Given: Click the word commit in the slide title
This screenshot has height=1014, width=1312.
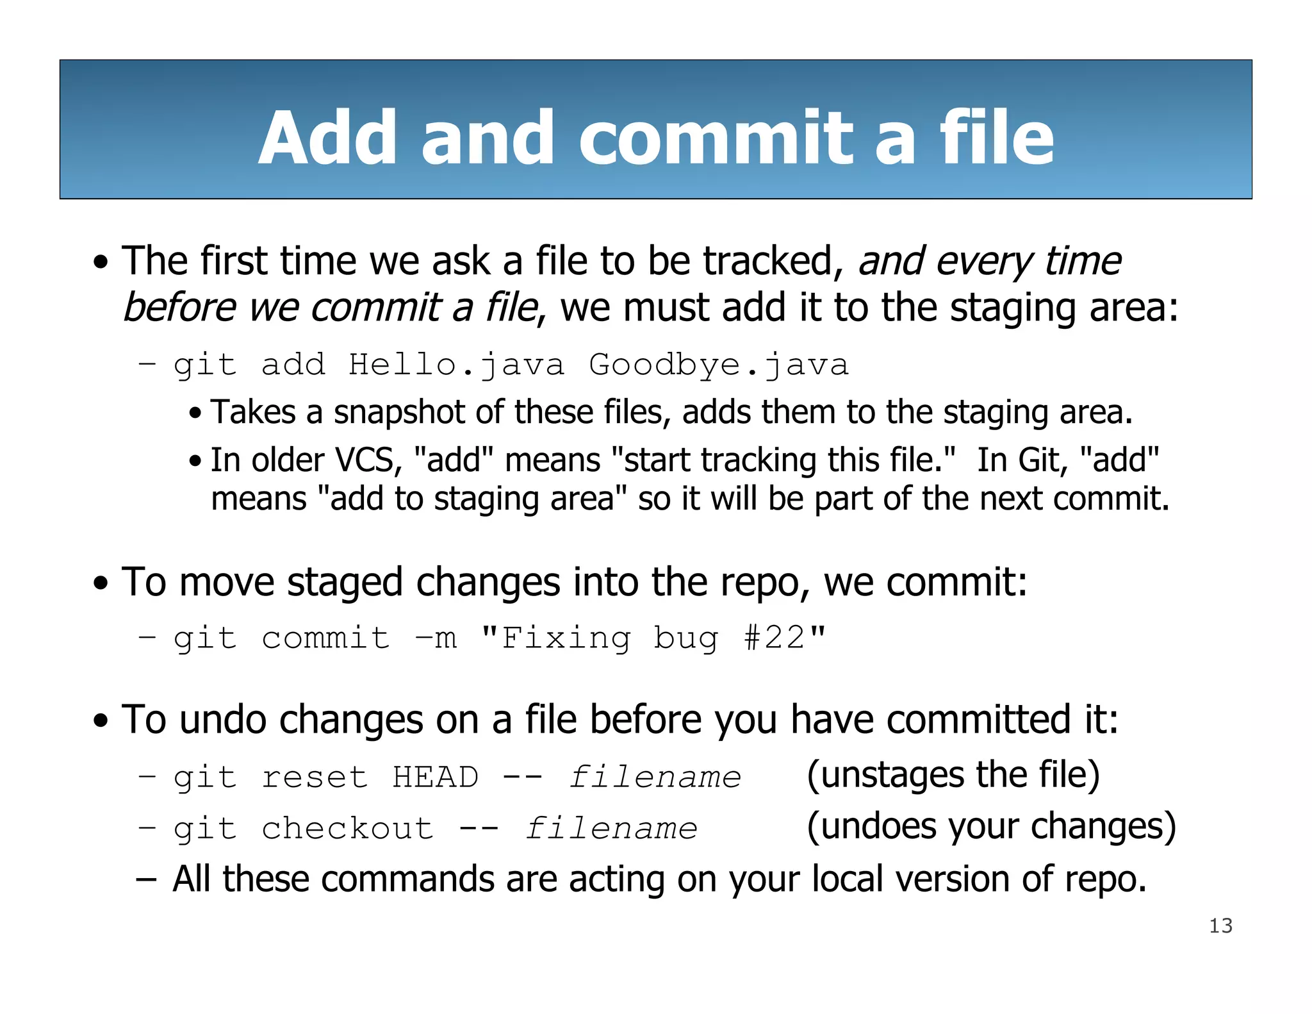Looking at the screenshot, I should [x=716, y=138].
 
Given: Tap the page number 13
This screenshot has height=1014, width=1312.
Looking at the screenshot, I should [x=1220, y=926].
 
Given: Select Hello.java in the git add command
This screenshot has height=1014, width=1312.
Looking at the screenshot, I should [x=456, y=365].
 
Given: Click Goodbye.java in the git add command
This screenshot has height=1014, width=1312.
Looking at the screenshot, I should [x=719, y=365].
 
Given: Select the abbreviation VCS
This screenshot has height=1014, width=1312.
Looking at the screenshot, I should [x=365, y=460].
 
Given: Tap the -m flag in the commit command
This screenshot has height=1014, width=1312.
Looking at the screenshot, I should [x=436, y=638].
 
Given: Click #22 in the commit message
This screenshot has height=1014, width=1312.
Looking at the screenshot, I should [x=774, y=638].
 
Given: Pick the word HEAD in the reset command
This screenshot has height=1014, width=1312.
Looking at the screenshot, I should [x=436, y=777].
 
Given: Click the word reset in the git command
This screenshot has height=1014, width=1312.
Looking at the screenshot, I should [x=315, y=777].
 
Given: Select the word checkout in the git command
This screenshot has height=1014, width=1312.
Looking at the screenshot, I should [x=347, y=828].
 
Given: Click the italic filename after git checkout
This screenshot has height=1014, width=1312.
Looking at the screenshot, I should [x=611, y=828].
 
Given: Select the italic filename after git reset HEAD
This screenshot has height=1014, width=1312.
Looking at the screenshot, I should [x=655, y=777].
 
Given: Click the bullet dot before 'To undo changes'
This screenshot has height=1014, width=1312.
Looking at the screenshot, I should [x=101, y=720].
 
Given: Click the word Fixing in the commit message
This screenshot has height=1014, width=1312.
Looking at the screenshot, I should [x=566, y=638].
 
